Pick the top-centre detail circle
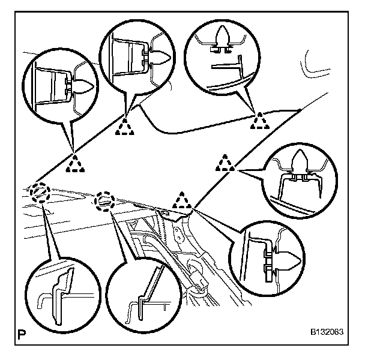pos(137,55)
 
